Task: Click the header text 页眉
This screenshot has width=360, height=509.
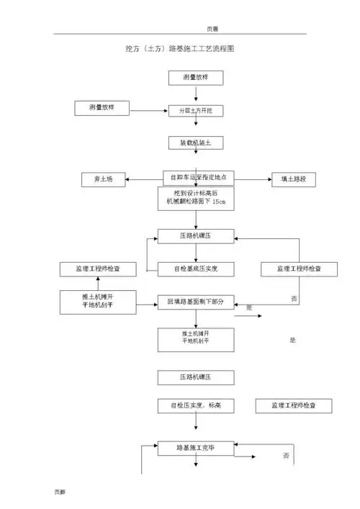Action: [212, 29]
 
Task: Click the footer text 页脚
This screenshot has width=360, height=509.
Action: [60, 492]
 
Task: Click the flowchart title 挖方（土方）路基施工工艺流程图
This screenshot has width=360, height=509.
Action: [180, 49]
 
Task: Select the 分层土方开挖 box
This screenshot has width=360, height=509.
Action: [196, 111]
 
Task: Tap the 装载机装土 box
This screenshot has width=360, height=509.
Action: [196, 143]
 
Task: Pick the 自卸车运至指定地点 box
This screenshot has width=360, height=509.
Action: [196, 177]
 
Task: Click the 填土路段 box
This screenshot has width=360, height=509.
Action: [293, 180]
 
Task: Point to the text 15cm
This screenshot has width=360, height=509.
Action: [219, 204]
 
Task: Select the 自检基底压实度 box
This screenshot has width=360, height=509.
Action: [196, 269]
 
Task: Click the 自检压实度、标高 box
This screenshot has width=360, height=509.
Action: [196, 406]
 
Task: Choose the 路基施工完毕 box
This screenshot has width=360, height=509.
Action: [196, 448]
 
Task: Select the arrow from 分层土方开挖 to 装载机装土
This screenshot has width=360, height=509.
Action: [196, 128]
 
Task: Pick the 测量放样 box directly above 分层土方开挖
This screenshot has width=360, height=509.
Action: [196, 77]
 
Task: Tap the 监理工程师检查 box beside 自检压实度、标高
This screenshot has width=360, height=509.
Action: [294, 406]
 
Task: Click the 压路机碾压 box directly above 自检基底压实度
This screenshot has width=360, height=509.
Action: [196, 236]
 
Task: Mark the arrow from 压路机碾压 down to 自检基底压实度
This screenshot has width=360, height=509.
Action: [196, 253]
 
